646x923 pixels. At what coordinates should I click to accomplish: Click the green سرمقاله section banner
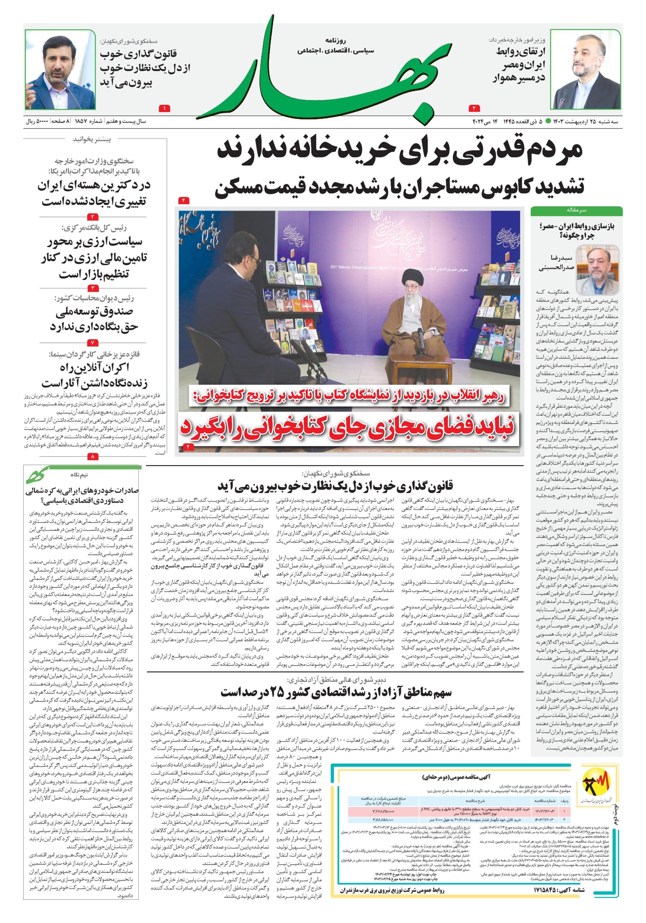tap(576, 210)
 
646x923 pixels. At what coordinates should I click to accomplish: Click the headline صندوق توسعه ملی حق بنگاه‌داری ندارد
tap(94, 319)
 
